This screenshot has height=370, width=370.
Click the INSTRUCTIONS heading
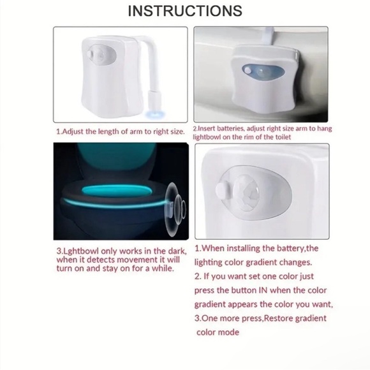coord(185,11)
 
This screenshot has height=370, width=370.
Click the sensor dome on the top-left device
coord(101,54)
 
